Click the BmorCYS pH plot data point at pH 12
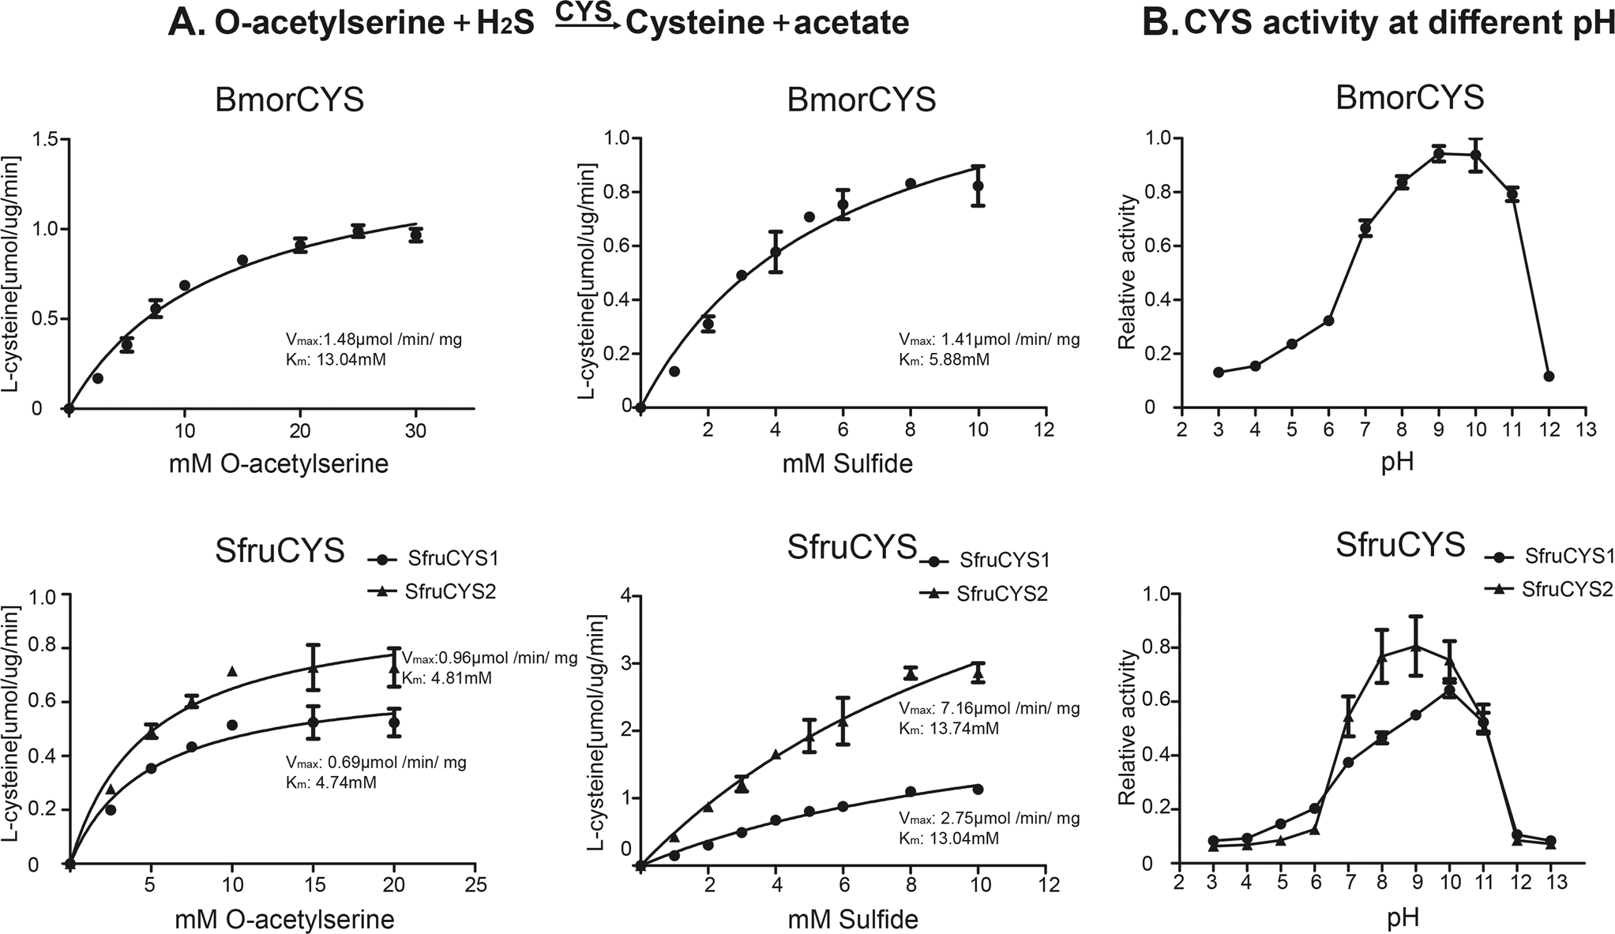point(1549,376)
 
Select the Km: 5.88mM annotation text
point(944,360)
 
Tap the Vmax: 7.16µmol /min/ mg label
point(989,708)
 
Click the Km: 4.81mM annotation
point(447,677)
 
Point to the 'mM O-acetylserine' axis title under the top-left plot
point(278,463)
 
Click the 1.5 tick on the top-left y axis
point(45,140)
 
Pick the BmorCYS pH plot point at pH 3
point(1219,372)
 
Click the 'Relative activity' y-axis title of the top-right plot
point(1126,273)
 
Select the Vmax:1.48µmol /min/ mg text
point(373,339)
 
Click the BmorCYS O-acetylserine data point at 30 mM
point(416,234)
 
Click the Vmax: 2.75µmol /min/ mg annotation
point(989,818)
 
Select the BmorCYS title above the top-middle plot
point(862,101)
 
